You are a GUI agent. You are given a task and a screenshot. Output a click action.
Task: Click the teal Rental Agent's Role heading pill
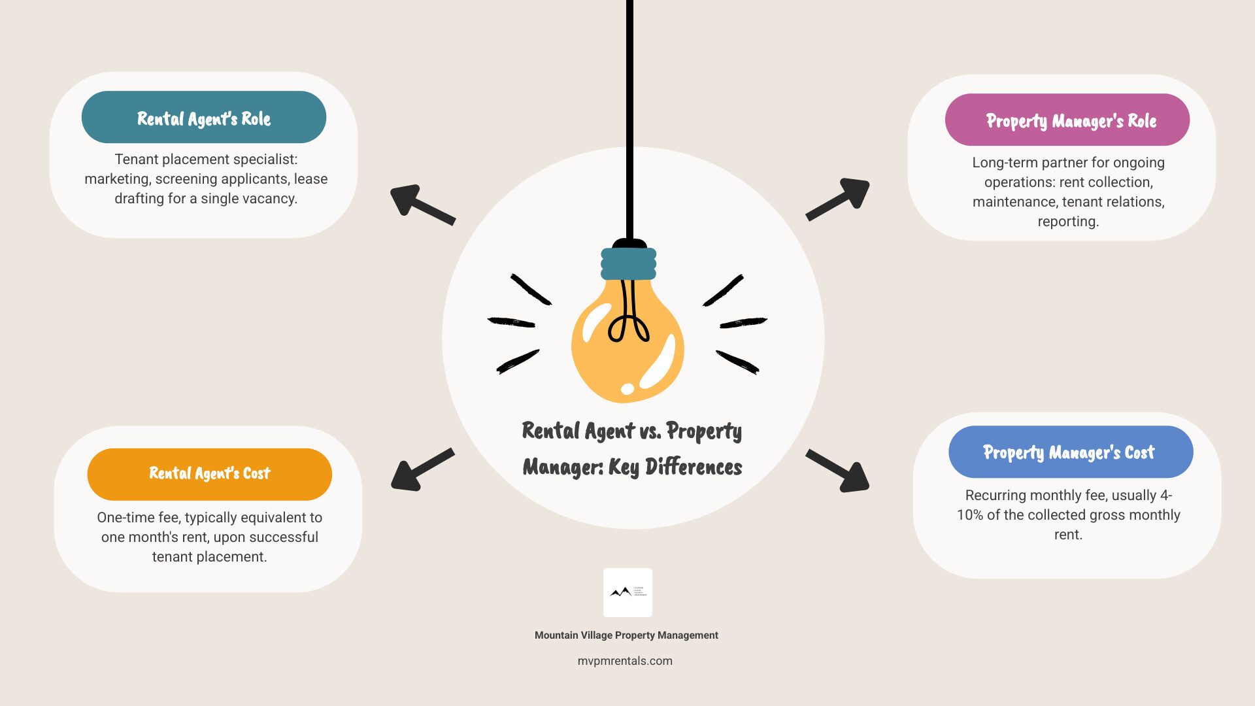click(x=204, y=118)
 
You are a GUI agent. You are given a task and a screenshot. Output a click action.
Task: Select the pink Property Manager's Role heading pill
click(x=1067, y=120)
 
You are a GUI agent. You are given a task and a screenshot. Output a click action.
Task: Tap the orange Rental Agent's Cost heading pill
click(x=209, y=474)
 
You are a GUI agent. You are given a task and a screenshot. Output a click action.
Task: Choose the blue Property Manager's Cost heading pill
click(x=1070, y=452)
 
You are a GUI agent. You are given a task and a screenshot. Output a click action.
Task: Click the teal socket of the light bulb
click(x=628, y=263)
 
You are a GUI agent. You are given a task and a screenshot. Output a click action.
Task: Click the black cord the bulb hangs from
click(x=629, y=118)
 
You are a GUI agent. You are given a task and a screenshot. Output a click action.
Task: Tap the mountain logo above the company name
click(x=627, y=592)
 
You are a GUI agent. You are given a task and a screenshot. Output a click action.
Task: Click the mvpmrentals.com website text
click(x=625, y=661)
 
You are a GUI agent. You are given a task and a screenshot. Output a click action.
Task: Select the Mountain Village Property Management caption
click(x=626, y=635)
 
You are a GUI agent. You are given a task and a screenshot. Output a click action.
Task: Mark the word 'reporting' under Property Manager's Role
click(x=1068, y=222)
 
